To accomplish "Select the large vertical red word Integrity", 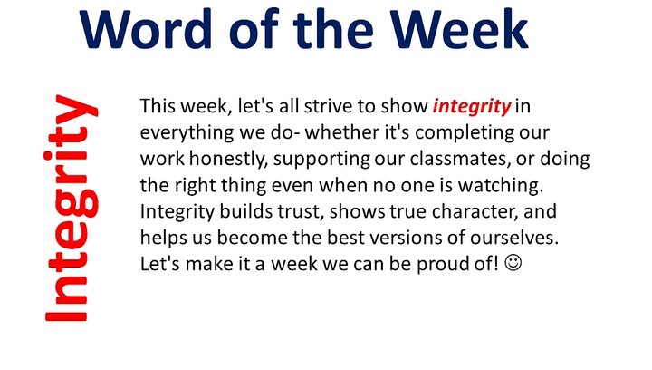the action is (x=72, y=208).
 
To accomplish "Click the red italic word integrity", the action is (x=472, y=107).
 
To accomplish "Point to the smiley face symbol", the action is (x=513, y=264).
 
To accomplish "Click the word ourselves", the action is (x=514, y=239).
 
